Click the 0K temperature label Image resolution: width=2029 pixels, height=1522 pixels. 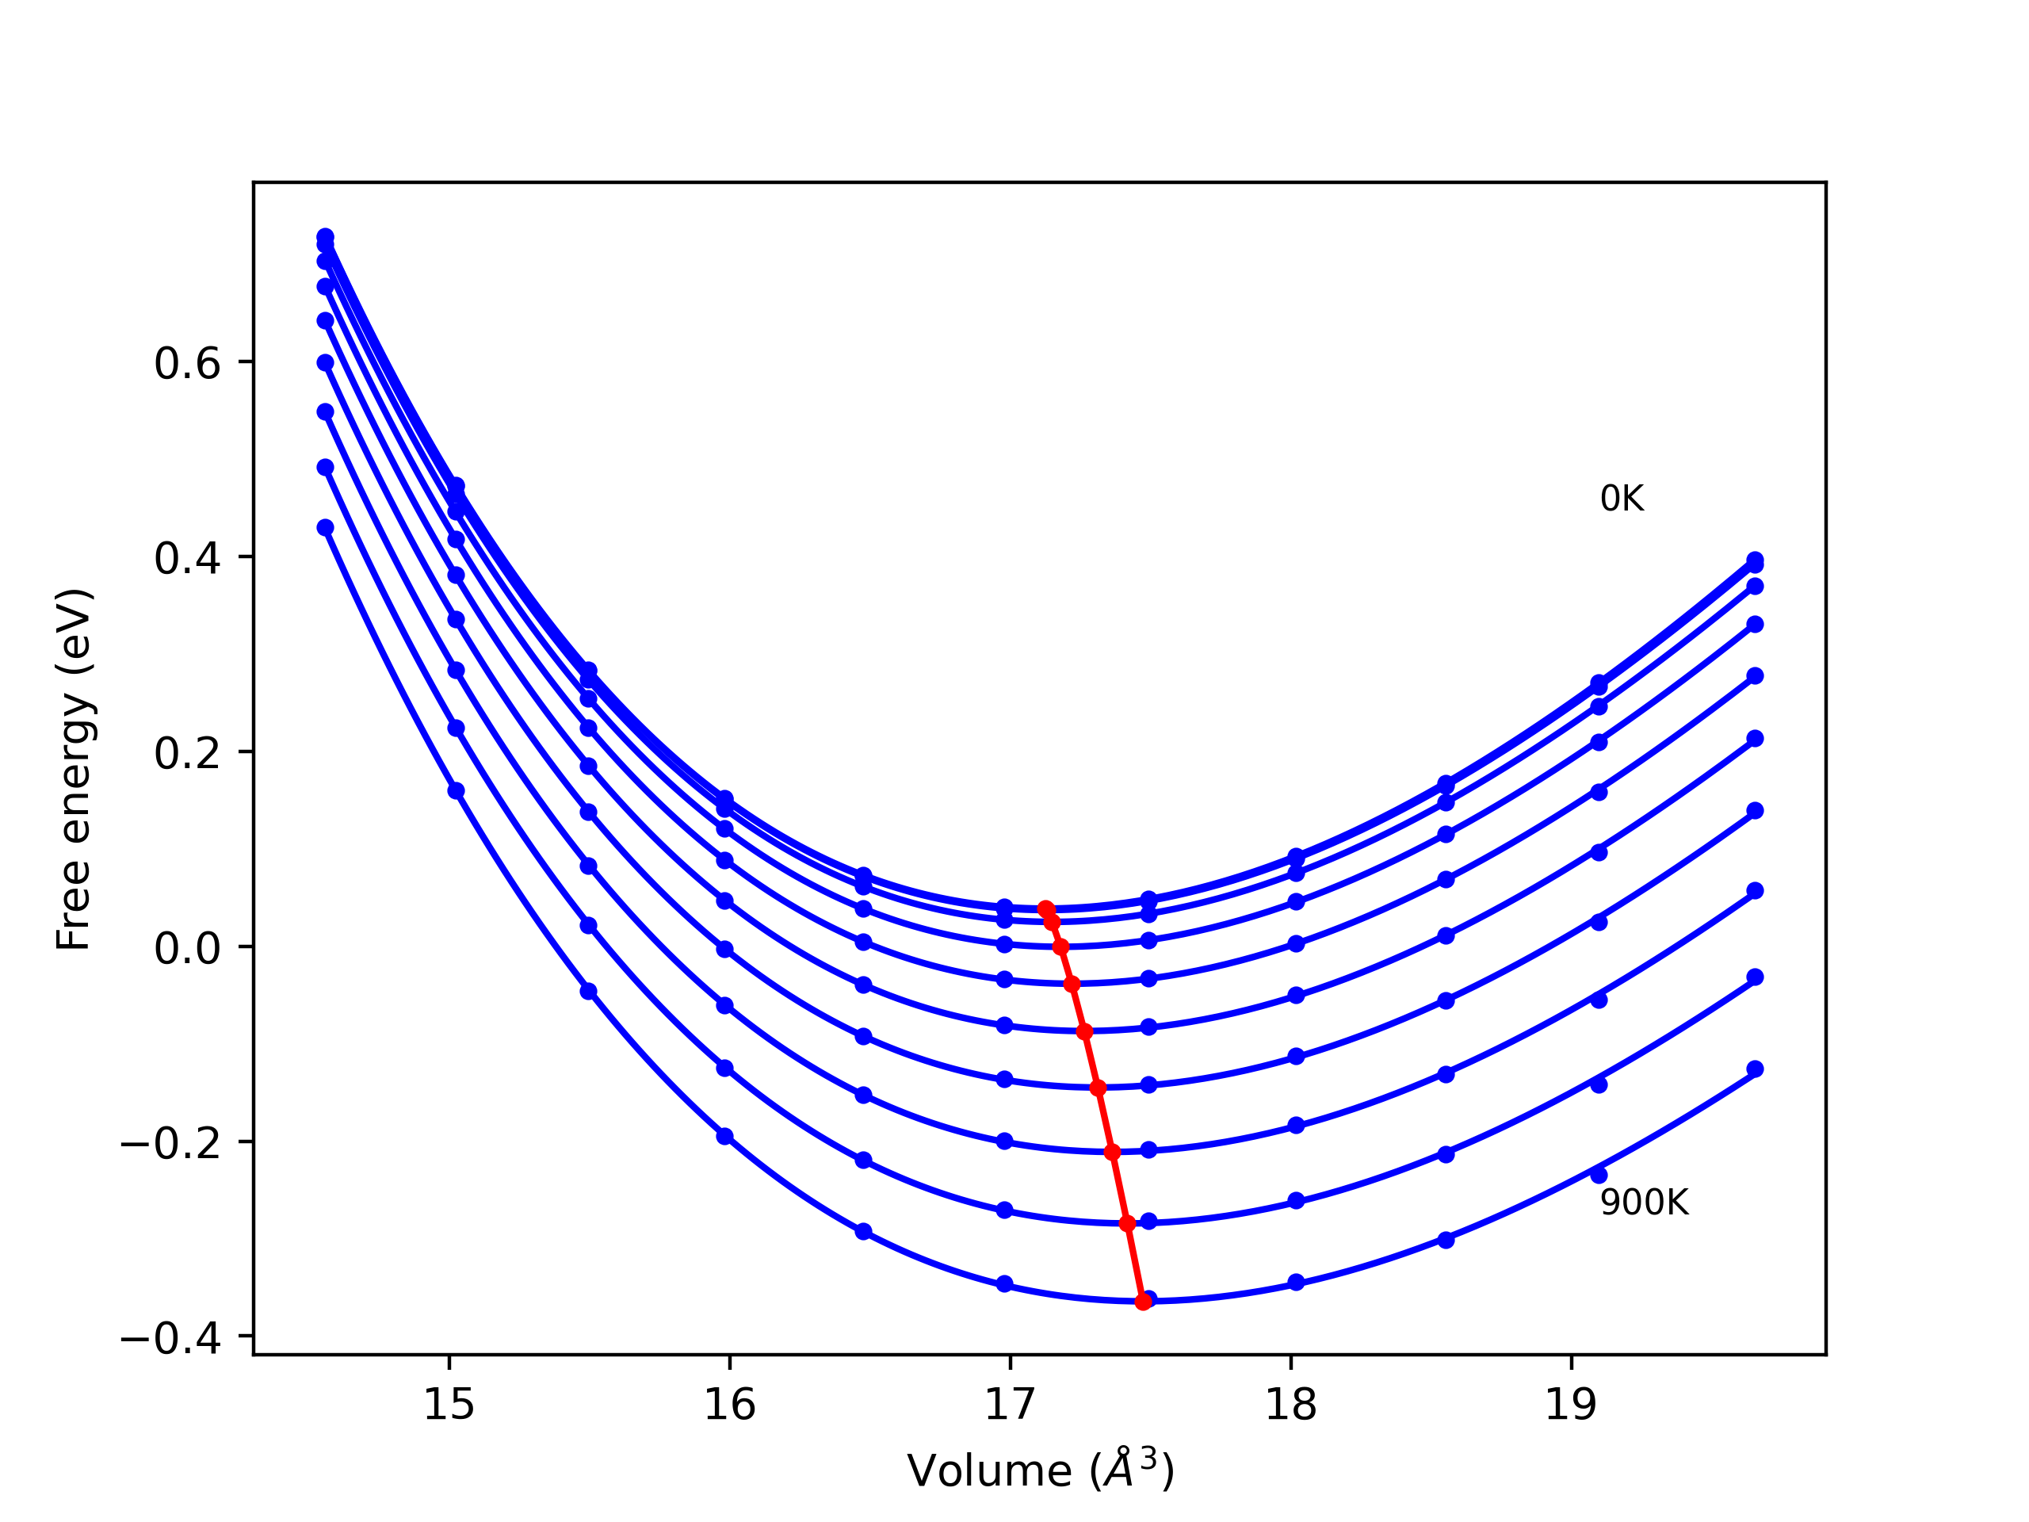[1622, 499]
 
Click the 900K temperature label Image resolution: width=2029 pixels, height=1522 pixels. [1644, 1203]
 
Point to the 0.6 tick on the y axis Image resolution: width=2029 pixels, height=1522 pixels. [187, 364]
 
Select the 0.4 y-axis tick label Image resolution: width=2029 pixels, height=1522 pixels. [187, 559]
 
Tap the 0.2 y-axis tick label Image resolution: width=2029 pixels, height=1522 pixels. [187, 754]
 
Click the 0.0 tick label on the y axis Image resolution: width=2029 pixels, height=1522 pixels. [187, 949]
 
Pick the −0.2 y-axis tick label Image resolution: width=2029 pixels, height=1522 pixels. [170, 1144]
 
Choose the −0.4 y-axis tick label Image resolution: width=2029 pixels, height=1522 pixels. [170, 1340]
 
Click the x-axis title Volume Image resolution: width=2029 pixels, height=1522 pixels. [1040, 1470]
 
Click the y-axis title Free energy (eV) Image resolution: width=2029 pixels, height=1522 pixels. [74, 770]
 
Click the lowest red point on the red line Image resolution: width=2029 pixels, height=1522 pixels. [1143, 1302]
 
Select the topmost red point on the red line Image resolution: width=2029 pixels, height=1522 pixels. [1045, 908]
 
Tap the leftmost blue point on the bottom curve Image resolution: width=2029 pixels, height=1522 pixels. [326, 527]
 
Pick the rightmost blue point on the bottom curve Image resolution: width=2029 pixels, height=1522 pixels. [1755, 1069]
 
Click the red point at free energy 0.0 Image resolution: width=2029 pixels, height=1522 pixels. [1060, 946]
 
